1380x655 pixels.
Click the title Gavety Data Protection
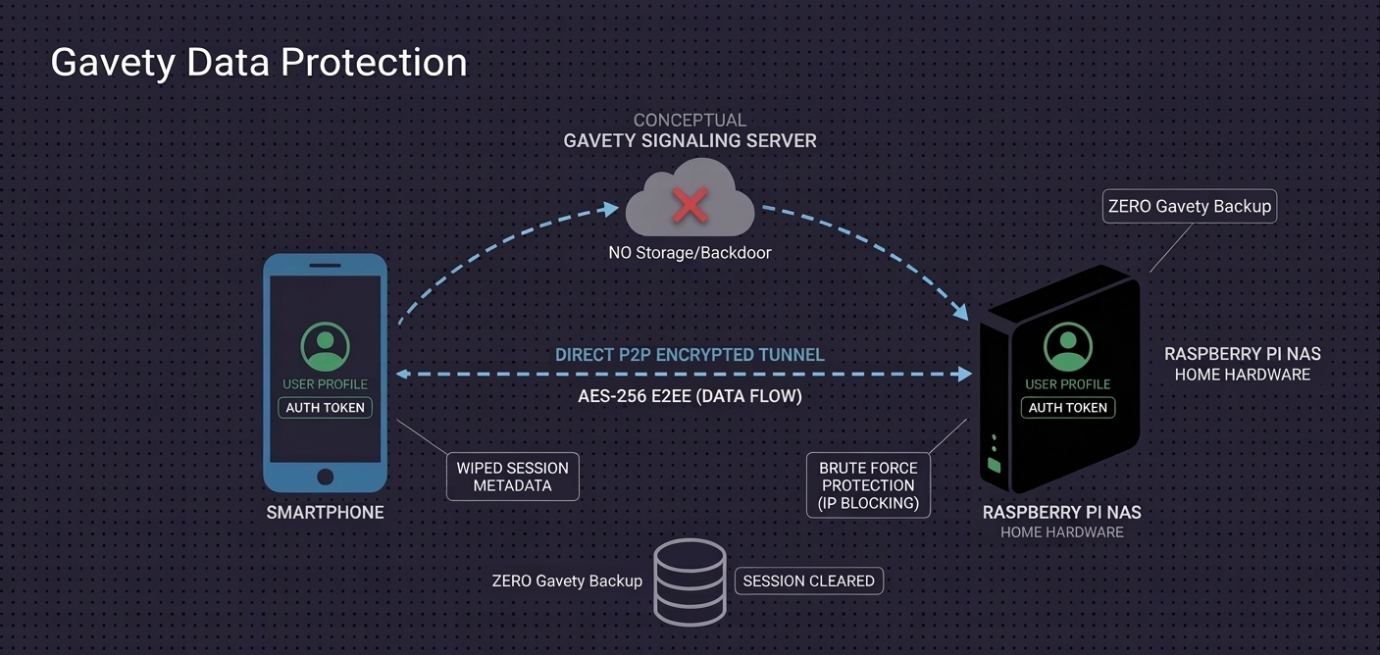[x=258, y=62]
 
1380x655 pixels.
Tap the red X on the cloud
[x=690, y=206]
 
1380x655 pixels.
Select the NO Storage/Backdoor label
[x=690, y=253]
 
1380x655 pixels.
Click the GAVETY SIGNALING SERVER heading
[x=690, y=141]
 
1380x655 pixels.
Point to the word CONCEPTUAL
[x=690, y=120]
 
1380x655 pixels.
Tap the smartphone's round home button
[x=325, y=477]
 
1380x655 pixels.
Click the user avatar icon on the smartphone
[x=325, y=346]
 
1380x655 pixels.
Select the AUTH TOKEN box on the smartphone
[x=325, y=408]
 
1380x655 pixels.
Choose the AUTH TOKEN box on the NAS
[x=1067, y=408]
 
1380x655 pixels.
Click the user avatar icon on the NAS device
[x=1067, y=346]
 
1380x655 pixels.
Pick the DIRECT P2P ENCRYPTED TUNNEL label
[x=690, y=355]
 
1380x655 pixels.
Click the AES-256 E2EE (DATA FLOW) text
[x=690, y=396]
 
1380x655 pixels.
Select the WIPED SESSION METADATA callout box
[x=512, y=477]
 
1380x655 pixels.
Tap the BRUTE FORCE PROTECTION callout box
[x=868, y=485]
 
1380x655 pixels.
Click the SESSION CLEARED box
[x=808, y=580]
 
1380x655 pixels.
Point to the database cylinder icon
[x=690, y=581]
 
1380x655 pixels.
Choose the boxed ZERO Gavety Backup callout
[x=1189, y=206]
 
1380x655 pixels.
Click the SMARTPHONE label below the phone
[x=325, y=513]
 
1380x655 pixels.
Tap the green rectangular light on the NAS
[x=995, y=465]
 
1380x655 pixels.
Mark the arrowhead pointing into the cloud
[x=612, y=208]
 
